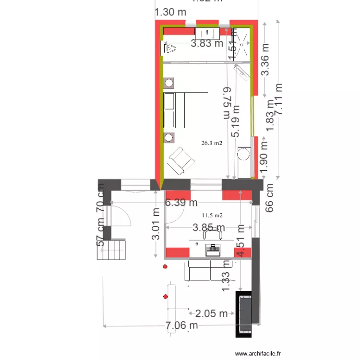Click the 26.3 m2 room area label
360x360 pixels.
[x=212, y=143]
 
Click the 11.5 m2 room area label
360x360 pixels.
[x=212, y=216]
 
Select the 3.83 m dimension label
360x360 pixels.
[x=207, y=44]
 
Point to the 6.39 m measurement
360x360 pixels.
[x=181, y=203]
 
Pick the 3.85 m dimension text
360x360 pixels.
[x=209, y=227]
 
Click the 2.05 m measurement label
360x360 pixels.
[x=211, y=314]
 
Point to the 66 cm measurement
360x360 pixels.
[x=270, y=198]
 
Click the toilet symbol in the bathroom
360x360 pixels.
[x=169, y=48]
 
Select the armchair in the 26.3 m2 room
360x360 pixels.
[x=180, y=160]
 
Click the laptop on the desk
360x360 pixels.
[x=212, y=249]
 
